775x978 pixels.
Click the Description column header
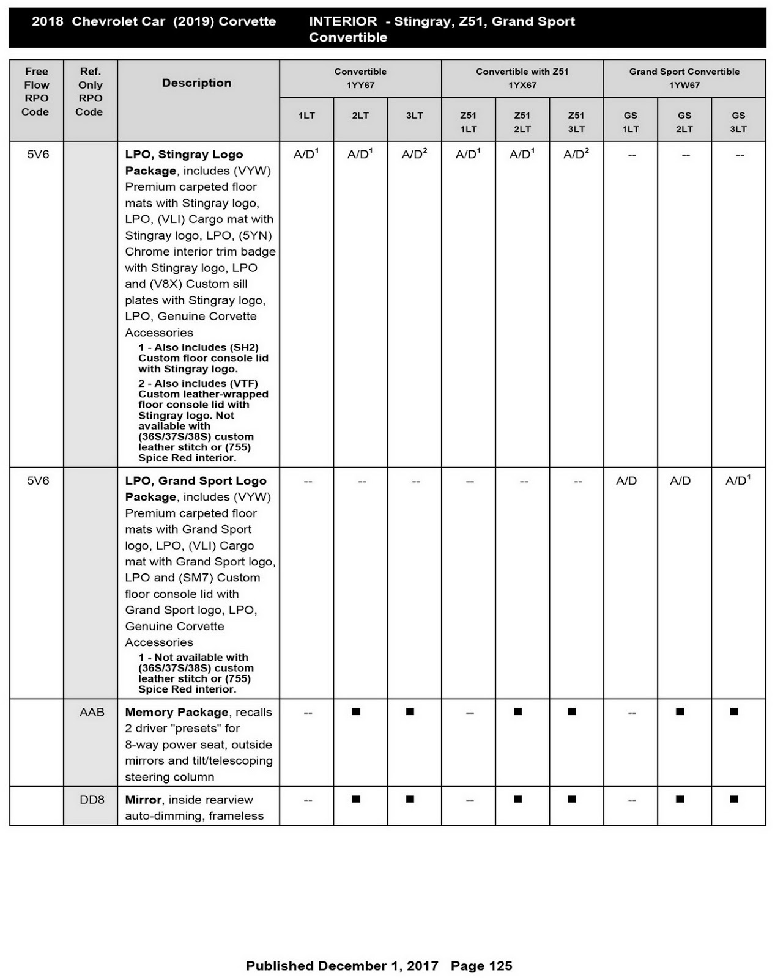[196, 83]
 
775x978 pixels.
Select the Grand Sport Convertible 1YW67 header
[684, 78]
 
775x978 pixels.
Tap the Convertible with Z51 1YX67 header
[522, 78]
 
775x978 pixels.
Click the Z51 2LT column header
[522, 122]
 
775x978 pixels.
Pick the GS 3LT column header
[738, 122]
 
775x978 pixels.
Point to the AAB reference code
[92, 712]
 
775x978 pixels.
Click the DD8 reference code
[92, 800]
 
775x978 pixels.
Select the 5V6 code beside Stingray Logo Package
[38, 155]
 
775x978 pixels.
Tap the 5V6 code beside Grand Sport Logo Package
[38, 481]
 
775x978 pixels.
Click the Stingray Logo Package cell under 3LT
[414, 155]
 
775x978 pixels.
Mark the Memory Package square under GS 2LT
[680, 711]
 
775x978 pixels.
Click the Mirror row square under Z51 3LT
[572, 799]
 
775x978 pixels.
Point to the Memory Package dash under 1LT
[308, 713]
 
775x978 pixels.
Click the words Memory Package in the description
[176, 712]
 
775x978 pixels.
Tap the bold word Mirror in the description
[143, 800]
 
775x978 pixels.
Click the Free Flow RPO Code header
[36, 92]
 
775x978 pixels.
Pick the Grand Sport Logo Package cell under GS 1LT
[626, 481]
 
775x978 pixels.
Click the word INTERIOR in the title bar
[343, 21]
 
